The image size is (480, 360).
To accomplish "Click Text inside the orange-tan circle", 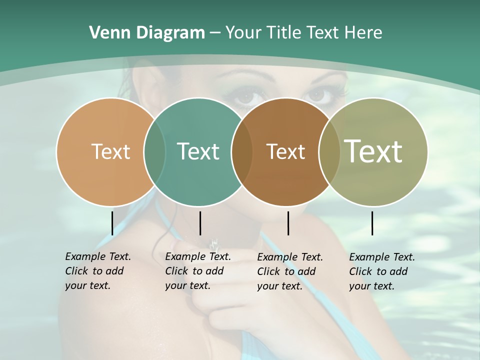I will (x=110, y=151).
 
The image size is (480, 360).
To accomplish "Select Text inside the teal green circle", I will (x=198, y=151).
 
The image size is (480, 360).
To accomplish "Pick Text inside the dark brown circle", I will (x=285, y=151).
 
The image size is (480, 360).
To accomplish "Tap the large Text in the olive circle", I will (x=373, y=151).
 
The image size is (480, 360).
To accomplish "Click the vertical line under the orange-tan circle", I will (x=112, y=223).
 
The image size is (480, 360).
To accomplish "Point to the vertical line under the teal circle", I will (x=200, y=223).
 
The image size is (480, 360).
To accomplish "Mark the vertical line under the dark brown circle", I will (x=288, y=223).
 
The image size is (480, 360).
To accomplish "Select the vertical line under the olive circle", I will (x=372, y=223).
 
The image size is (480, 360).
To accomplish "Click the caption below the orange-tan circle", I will (x=98, y=271).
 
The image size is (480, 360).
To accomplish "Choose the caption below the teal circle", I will (x=198, y=271).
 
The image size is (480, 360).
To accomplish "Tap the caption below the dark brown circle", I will (x=290, y=271).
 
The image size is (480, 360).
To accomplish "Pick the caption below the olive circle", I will (x=382, y=271).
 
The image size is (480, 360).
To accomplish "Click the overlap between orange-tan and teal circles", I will (x=154, y=151).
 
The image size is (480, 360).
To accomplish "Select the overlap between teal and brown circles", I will (x=242, y=151).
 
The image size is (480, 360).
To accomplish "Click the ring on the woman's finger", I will (x=214, y=244).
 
